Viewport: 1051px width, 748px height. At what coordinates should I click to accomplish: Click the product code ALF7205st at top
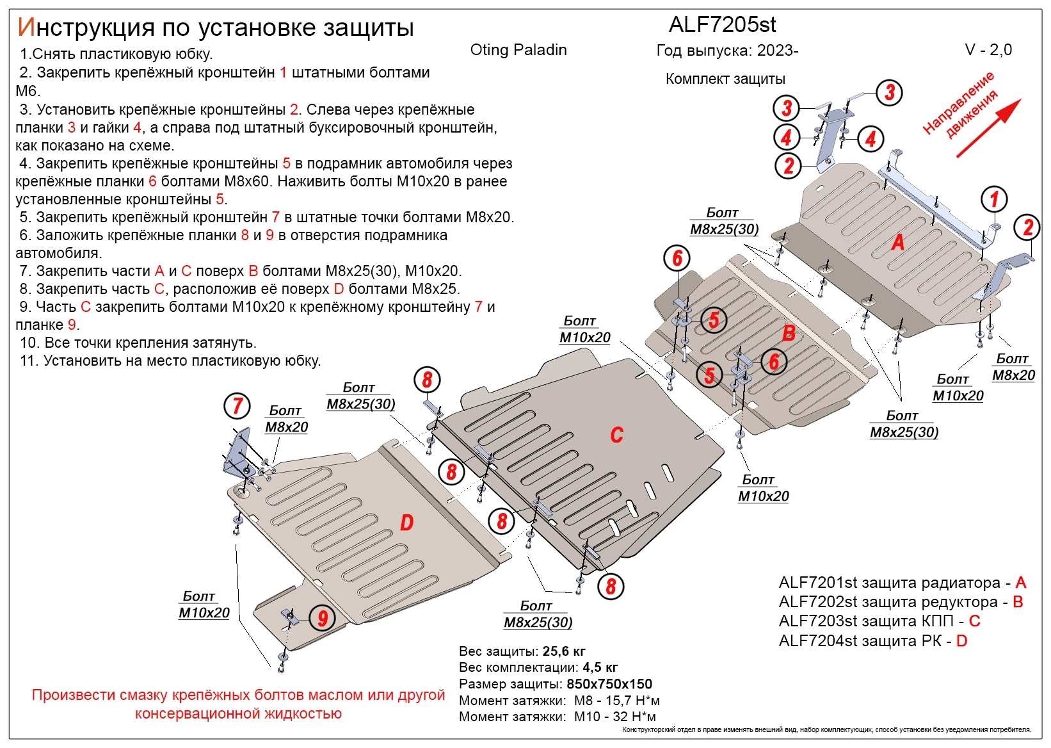722,25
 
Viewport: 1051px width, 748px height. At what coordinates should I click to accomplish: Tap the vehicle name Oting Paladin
518,50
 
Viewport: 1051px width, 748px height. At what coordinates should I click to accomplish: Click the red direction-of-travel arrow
989,128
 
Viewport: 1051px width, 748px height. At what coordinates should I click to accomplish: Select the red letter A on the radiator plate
898,242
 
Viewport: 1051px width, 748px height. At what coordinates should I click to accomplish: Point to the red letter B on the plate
789,333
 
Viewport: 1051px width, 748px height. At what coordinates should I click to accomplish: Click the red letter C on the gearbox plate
616,435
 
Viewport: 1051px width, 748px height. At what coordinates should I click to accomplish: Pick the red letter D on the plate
406,523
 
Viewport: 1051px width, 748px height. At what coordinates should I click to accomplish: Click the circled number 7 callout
237,405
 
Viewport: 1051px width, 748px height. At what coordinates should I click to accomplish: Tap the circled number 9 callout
323,618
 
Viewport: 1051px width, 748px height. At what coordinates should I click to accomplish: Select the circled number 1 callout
994,199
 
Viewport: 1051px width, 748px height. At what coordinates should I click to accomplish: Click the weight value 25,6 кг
564,651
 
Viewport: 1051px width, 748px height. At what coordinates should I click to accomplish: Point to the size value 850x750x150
609,684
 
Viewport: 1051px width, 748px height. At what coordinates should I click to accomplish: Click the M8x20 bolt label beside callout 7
286,427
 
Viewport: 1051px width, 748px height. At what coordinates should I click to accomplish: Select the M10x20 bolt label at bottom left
204,612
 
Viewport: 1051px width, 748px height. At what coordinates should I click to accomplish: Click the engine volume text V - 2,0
988,50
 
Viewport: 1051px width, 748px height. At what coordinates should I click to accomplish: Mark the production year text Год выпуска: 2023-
727,51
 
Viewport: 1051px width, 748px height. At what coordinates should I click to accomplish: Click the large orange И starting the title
26,27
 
